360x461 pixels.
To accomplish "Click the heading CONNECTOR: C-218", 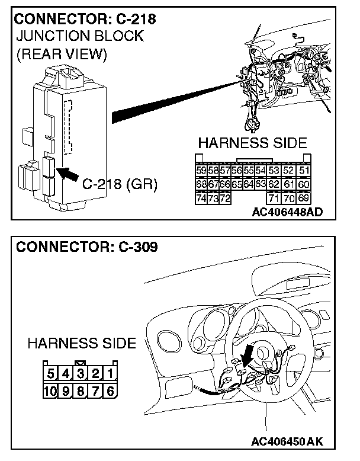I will (86, 19).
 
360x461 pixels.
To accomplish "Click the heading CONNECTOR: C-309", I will (87, 246).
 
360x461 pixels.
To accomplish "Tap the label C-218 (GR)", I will (120, 184).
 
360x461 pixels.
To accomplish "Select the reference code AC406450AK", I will (288, 442).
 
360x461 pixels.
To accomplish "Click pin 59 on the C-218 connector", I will (201, 170).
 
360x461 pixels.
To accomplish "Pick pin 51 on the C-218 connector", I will (304, 170).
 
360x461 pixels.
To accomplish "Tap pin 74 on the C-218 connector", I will (201, 197).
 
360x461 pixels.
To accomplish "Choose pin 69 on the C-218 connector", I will (304, 197).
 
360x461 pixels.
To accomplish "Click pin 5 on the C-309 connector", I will (51, 374).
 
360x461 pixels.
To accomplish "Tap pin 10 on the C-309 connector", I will (51, 391).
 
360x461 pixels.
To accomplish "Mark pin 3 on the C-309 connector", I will (80, 374).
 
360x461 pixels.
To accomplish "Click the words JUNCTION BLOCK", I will (79, 36).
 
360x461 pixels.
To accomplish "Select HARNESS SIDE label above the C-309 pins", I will (82, 343).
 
